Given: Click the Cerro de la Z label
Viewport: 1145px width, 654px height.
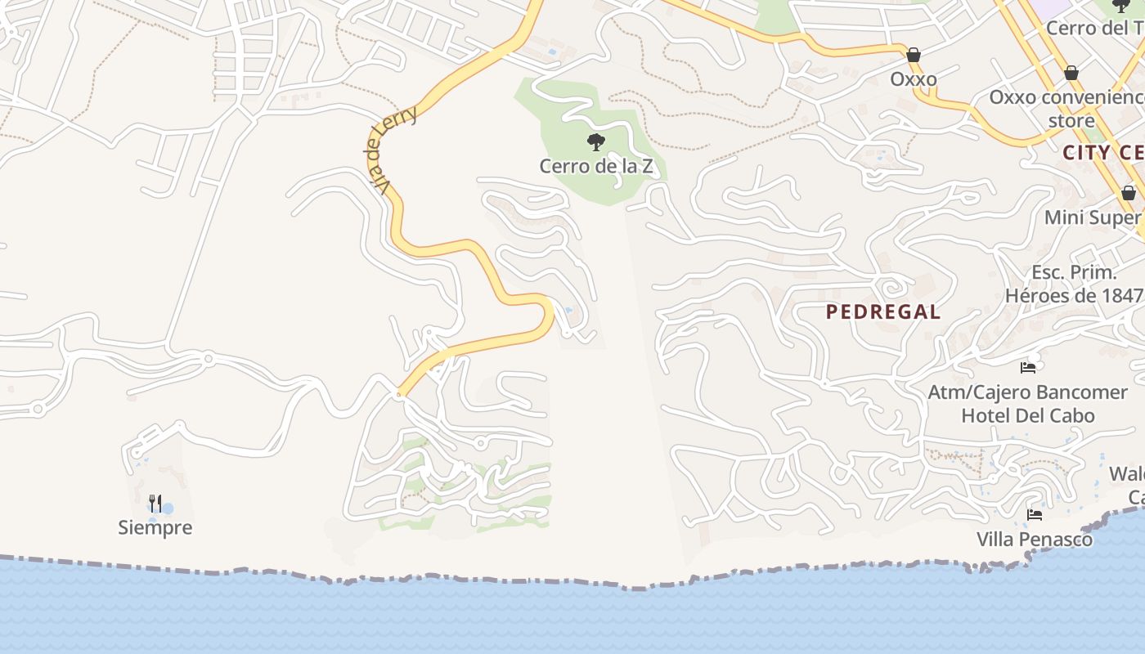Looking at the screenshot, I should click(595, 166).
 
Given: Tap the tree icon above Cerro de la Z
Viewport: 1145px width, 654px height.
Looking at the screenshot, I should click(596, 142).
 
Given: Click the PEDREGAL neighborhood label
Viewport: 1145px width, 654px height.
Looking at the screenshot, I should click(882, 311).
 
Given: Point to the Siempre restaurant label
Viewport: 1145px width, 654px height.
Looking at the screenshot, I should click(155, 527).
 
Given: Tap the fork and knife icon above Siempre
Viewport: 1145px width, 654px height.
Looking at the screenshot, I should click(155, 502).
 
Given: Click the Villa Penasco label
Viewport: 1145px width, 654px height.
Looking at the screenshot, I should click(1034, 540).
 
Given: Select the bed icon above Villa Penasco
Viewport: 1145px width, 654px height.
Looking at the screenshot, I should click(1035, 515).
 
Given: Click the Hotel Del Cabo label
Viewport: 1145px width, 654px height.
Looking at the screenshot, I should click(1027, 415).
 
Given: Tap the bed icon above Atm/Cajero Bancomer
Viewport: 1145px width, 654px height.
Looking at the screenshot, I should click(1028, 368).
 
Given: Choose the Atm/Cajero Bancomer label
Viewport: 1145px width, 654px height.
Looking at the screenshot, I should click(1027, 392).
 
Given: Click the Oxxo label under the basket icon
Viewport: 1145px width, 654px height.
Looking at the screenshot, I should click(914, 79).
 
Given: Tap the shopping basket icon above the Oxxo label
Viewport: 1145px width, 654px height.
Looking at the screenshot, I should click(914, 55).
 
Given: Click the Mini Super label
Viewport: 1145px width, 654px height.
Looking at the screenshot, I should click(1093, 217).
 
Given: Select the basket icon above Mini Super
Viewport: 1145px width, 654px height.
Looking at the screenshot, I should click(1129, 193).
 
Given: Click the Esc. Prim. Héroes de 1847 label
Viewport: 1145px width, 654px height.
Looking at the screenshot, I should click(1073, 284).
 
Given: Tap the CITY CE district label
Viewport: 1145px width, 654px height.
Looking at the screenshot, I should click(1102, 153).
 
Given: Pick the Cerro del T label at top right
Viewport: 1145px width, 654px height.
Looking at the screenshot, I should click(1095, 28).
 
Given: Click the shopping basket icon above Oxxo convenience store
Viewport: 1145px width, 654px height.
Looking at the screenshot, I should click(1071, 73).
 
